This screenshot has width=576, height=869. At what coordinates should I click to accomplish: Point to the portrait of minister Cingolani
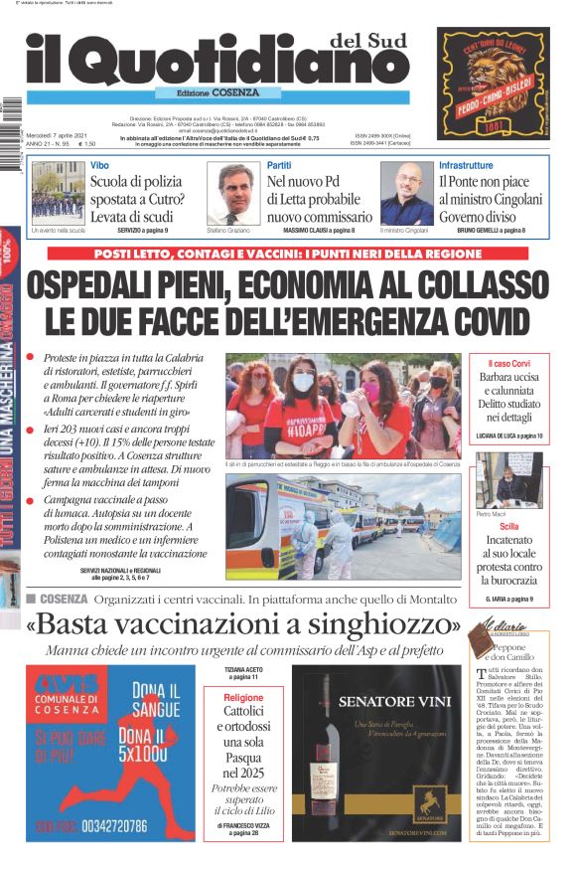[x=407, y=193]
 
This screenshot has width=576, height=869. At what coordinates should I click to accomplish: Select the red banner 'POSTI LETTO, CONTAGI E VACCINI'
[x=298, y=254]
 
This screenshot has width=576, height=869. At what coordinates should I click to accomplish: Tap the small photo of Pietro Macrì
[x=507, y=480]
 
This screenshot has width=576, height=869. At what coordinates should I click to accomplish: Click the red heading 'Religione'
[x=243, y=698]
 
